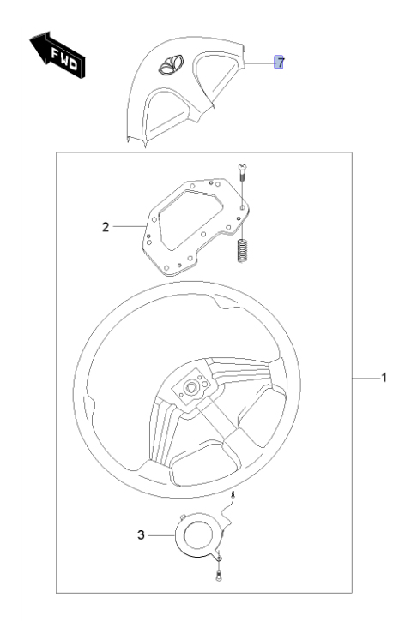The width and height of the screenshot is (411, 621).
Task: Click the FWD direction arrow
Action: (x=57, y=55)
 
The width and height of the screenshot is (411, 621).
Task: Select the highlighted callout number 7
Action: (x=279, y=62)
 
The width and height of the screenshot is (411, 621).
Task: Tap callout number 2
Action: (x=106, y=227)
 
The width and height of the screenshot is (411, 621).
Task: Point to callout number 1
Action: (x=384, y=378)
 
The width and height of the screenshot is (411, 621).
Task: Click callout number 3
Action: (x=141, y=535)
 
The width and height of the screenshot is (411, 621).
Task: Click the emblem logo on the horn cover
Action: (x=171, y=65)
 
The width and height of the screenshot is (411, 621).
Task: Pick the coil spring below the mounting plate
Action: (x=242, y=250)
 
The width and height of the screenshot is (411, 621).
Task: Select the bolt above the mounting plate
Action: (x=242, y=172)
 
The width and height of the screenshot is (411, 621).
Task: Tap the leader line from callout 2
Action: (x=130, y=226)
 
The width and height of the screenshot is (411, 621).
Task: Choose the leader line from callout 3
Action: (x=162, y=536)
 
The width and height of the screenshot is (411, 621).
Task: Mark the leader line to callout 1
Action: (x=366, y=379)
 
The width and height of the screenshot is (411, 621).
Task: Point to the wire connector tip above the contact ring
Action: (x=233, y=493)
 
